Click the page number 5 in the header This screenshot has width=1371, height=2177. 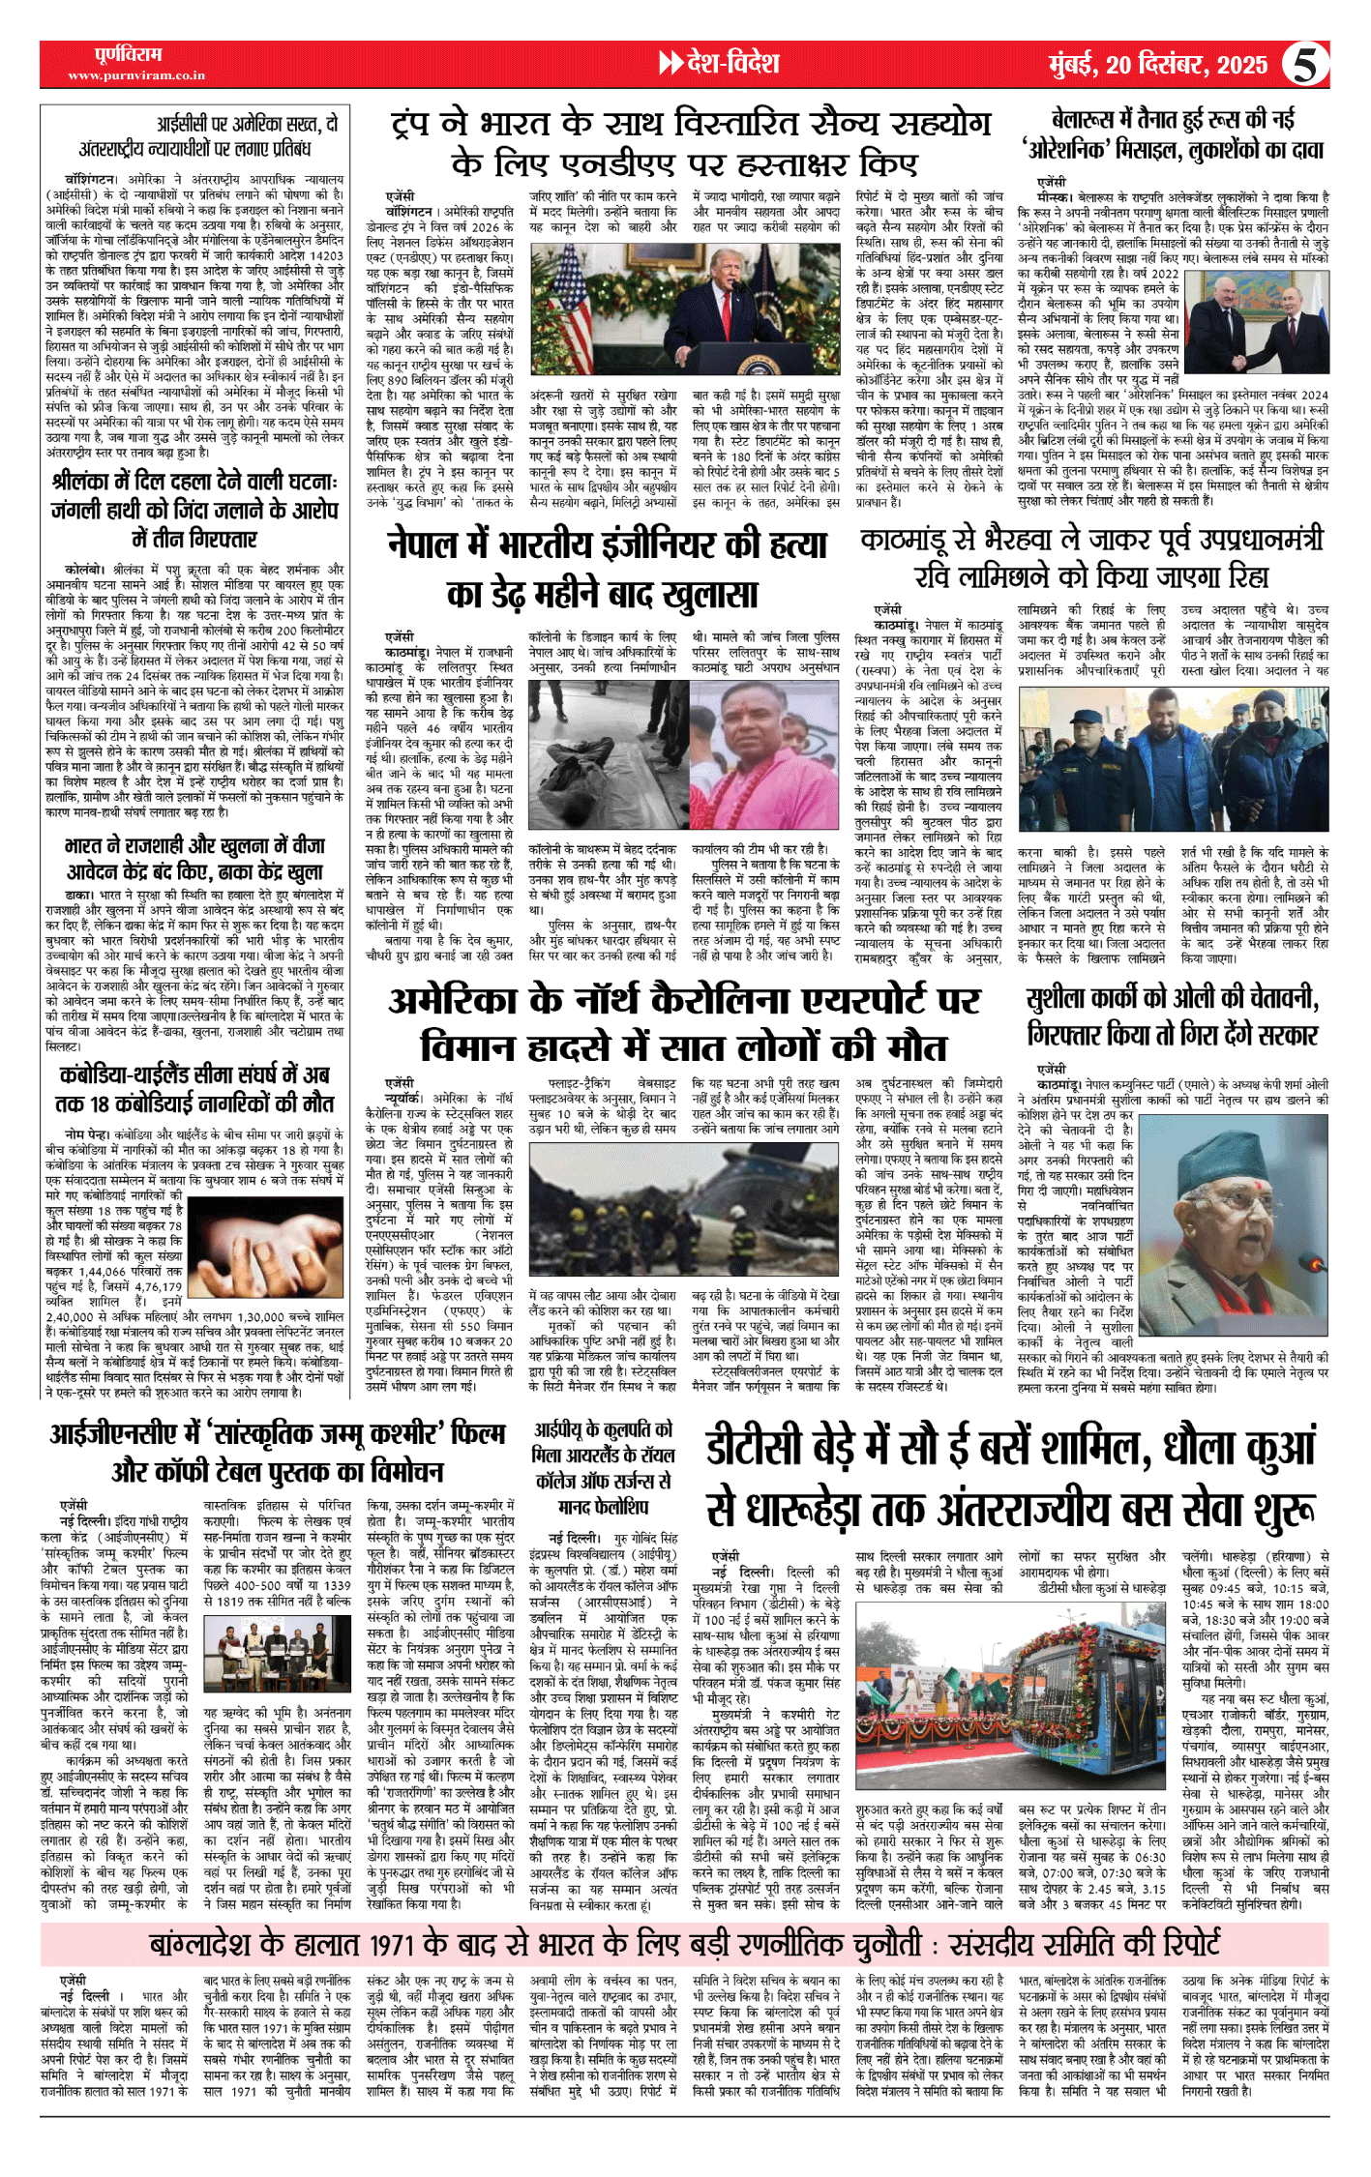coord(1305,65)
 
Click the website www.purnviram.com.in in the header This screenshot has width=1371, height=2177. coord(136,75)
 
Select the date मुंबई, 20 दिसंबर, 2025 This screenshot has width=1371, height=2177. coord(1158,65)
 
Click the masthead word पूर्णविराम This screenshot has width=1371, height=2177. coord(129,54)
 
